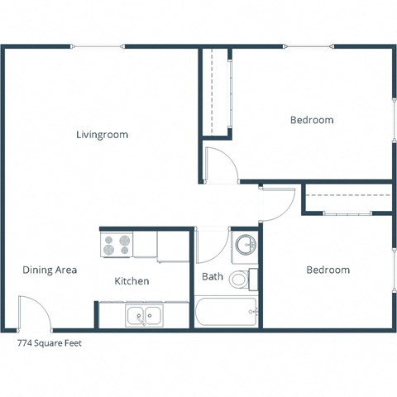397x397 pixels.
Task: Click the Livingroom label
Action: (102, 134)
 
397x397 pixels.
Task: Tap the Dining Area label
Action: (50, 270)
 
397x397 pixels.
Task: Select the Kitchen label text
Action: (132, 281)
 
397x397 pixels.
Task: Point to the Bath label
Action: (211, 276)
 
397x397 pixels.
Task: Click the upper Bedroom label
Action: (312, 120)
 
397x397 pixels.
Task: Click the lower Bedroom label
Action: (328, 270)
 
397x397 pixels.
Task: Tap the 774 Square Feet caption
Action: (49, 342)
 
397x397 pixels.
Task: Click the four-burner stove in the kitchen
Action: (116, 245)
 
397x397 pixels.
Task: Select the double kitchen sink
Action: (144, 315)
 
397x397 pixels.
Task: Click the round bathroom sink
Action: (245, 245)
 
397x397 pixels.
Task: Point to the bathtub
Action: (226, 313)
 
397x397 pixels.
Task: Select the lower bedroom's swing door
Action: (277, 204)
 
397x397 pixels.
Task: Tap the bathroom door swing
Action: (212, 244)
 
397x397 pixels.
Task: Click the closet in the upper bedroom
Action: (216, 91)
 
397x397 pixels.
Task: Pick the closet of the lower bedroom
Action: (347, 201)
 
